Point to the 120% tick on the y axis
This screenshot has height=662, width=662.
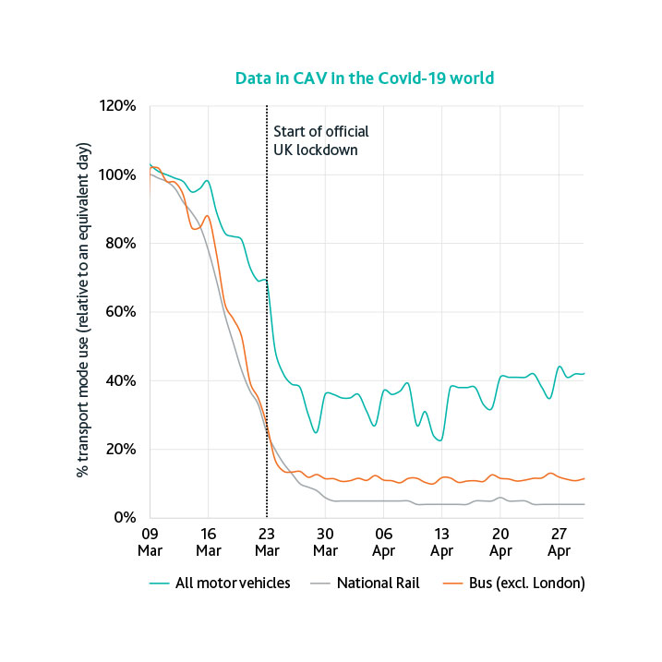tap(117, 106)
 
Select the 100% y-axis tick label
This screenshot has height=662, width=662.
tap(117, 175)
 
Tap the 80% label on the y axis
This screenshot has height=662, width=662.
tap(121, 244)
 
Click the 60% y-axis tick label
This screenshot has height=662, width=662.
tap(121, 312)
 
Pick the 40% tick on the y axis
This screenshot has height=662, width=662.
tap(121, 380)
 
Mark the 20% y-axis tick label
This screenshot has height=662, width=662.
tap(121, 450)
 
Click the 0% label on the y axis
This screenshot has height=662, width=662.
tap(125, 518)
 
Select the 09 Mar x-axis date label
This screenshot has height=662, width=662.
tap(150, 541)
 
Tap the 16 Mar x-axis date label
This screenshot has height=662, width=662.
tap(208, 541)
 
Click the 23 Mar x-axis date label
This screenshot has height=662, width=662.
tap(267, 541)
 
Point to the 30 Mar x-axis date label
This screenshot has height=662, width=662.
tap(325, 541)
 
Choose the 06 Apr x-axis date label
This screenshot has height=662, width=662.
tap(383, 541)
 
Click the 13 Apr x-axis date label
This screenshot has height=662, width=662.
tap(441, 541)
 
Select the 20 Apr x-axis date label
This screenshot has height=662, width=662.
tap(500, 541)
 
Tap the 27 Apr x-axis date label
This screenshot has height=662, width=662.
tap(559, 541)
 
